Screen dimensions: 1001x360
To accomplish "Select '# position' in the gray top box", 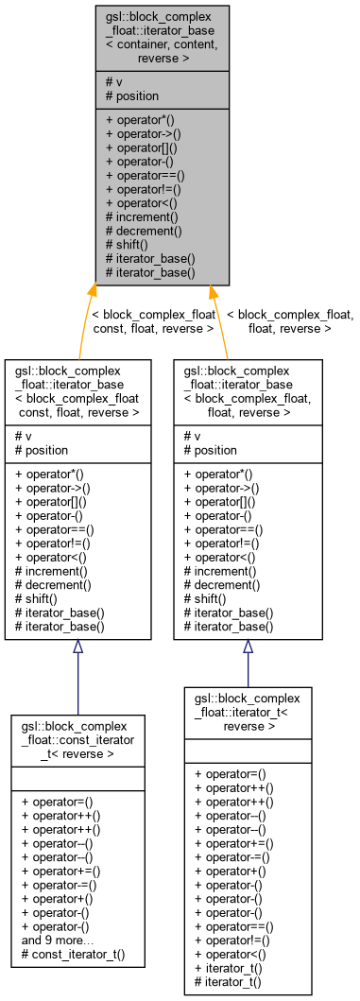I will [x=132, y=95].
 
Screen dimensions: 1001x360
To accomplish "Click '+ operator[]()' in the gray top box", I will [x=146, y=147].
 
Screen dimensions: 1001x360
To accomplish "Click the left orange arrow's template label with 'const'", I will [x=152, y=321].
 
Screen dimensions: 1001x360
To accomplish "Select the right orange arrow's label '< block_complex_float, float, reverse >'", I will [x=290, y=321].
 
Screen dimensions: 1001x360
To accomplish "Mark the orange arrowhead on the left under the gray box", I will [x=92, y=292].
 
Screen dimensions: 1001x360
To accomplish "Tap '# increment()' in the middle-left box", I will [x=52, y=571].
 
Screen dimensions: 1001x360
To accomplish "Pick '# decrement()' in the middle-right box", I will [x=222, y=585].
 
